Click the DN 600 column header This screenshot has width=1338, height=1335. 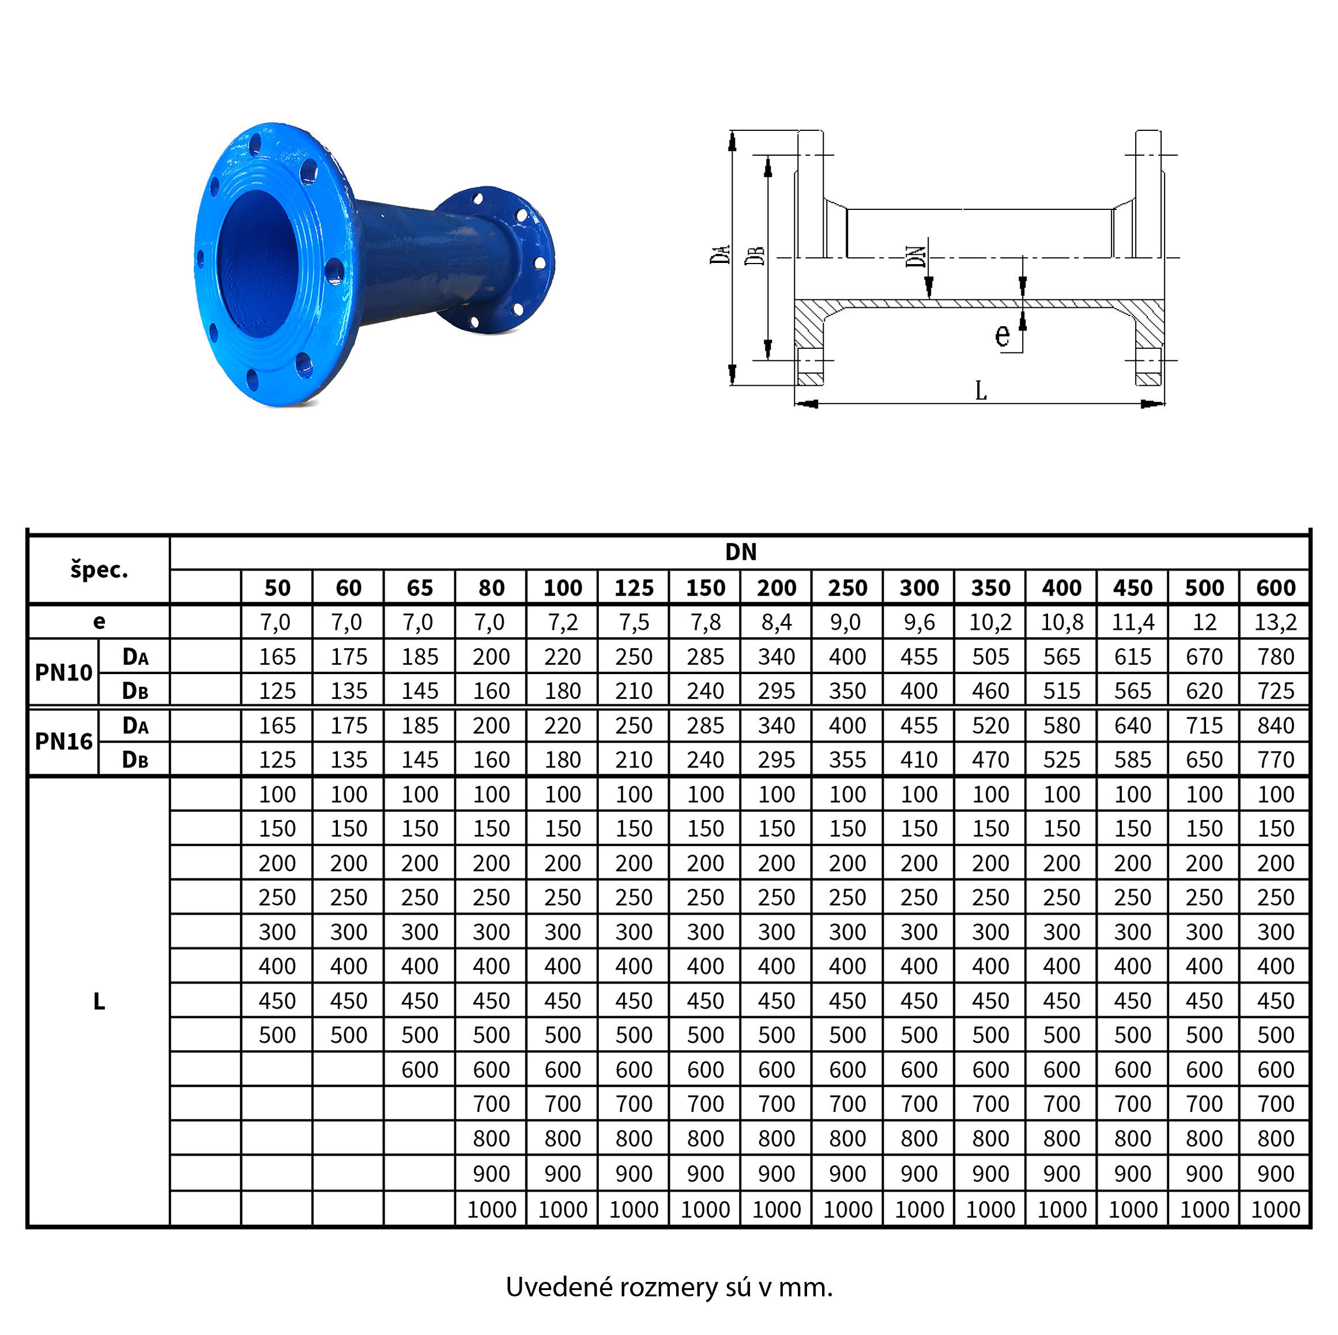(x=1276, y=588)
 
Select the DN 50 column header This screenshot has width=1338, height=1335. (x=277, y=588)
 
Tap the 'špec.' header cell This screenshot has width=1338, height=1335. (x=99, y=570)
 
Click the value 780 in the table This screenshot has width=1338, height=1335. (x=1276, y=657)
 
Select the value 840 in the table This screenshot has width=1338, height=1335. (x=1276, y=726)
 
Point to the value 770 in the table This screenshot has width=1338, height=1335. (x=1276, y=760)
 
